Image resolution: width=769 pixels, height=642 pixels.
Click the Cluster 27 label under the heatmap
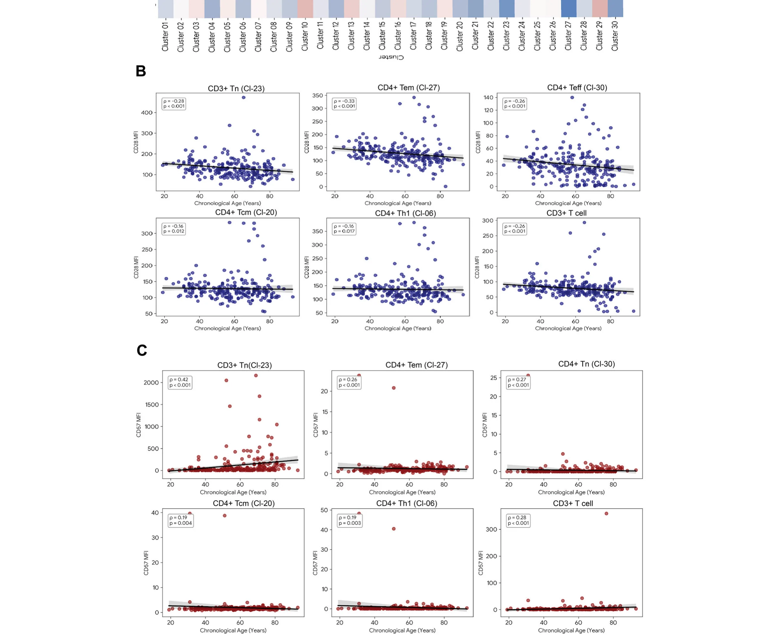pos(568,35)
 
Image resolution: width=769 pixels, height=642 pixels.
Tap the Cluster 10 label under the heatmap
pos(305,35)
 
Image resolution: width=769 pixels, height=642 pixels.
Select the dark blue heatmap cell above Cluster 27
pos(569,8)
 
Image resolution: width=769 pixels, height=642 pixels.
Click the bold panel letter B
pos(141,71)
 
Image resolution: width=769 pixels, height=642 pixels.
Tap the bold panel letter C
pos(142,350)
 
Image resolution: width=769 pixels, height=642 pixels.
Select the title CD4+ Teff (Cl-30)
pos(577,87)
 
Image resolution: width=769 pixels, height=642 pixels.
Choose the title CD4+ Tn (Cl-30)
pos(586,364)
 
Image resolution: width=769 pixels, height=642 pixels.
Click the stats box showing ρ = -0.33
pos(344,104)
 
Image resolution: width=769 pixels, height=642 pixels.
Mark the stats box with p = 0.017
pos(344,229)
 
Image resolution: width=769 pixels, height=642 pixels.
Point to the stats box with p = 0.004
pos(180,520)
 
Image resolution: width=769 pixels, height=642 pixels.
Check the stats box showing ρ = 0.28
pos(518,520)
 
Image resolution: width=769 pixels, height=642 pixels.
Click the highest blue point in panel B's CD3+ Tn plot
pos(243,97)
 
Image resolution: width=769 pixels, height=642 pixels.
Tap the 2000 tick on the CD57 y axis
pos(151,383)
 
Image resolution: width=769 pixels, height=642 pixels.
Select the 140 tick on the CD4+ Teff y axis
pos(488,97)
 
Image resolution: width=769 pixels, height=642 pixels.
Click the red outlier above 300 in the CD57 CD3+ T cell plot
pos(606,514)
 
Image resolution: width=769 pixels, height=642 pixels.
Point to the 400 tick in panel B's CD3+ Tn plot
pos(147,113)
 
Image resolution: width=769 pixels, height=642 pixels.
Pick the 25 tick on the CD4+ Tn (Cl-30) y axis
pos(493,378)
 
